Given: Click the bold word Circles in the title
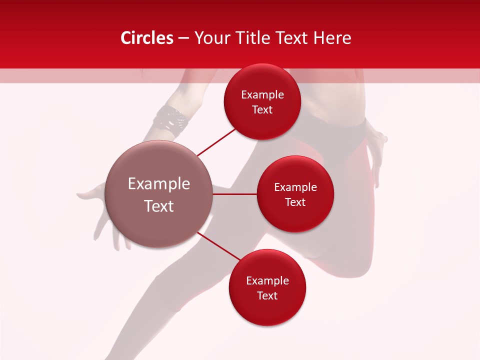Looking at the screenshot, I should pyautogui.click(x=147, y=38).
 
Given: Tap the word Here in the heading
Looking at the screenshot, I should pyautogui.click(x=332, y=38).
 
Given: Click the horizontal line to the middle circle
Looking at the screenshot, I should pyautogui.click(x=234, y=194).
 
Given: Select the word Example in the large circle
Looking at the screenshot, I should pyautogui.click(x=158, y=184).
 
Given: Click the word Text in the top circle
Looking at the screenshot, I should pyautogui.click(x=262, y=110).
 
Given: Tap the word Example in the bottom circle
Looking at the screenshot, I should pyautogui.click(x=267, y=281).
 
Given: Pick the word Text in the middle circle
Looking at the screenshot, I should pyautogui.click(x=295, y=202).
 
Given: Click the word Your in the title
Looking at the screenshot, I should pyautogui.click(x=212, y=38).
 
